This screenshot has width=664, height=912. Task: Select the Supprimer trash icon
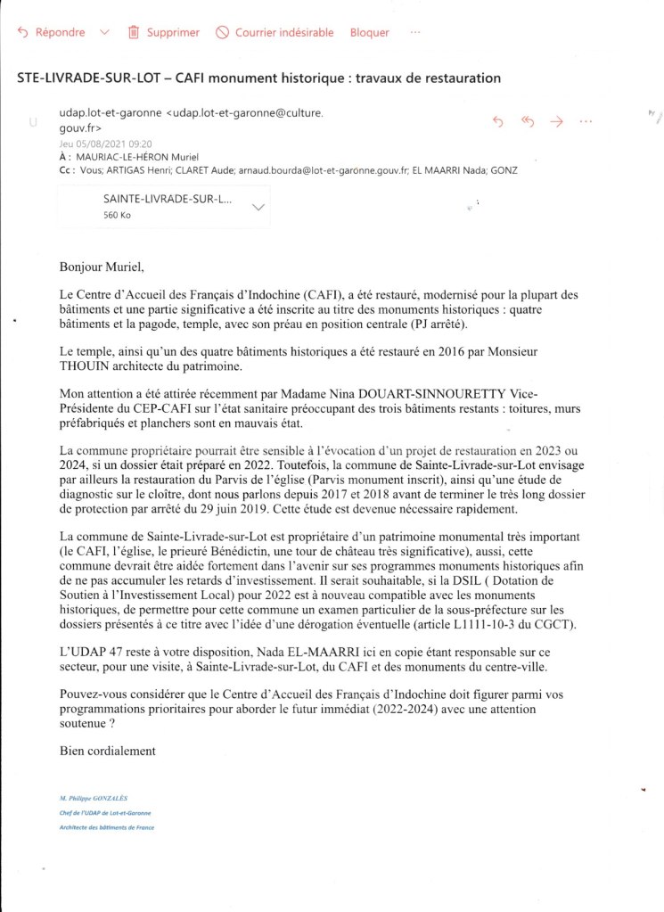(134, 33)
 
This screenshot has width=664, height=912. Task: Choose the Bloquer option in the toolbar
(369, 33)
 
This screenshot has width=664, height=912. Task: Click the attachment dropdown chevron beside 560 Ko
(259, 207)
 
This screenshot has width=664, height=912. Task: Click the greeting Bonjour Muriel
(101, 266)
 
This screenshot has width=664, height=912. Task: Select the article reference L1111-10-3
(494, 623)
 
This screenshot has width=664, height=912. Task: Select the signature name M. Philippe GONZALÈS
(93, 798)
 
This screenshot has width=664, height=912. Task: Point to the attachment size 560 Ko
(118, 215)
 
